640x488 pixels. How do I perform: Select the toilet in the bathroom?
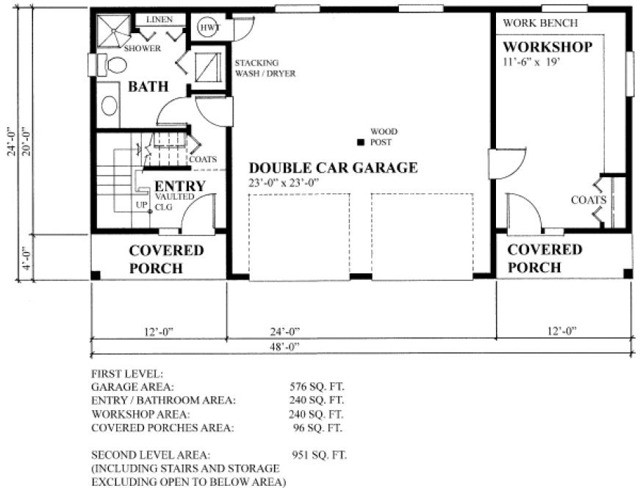[113, 65]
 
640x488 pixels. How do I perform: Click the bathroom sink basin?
[109, 105]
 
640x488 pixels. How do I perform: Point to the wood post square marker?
[361, 142]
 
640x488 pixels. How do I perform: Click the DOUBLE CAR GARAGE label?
[333, 168]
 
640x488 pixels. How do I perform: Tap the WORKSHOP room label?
[547, 47]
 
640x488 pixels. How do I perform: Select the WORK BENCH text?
[540, 23]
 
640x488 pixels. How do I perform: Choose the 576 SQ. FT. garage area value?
[317, 386]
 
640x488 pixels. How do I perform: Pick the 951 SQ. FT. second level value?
[318, 455]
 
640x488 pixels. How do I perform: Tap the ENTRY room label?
[180, 186]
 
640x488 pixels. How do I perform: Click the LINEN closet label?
[159, 19]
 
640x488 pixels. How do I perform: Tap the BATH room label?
[148, 87]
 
